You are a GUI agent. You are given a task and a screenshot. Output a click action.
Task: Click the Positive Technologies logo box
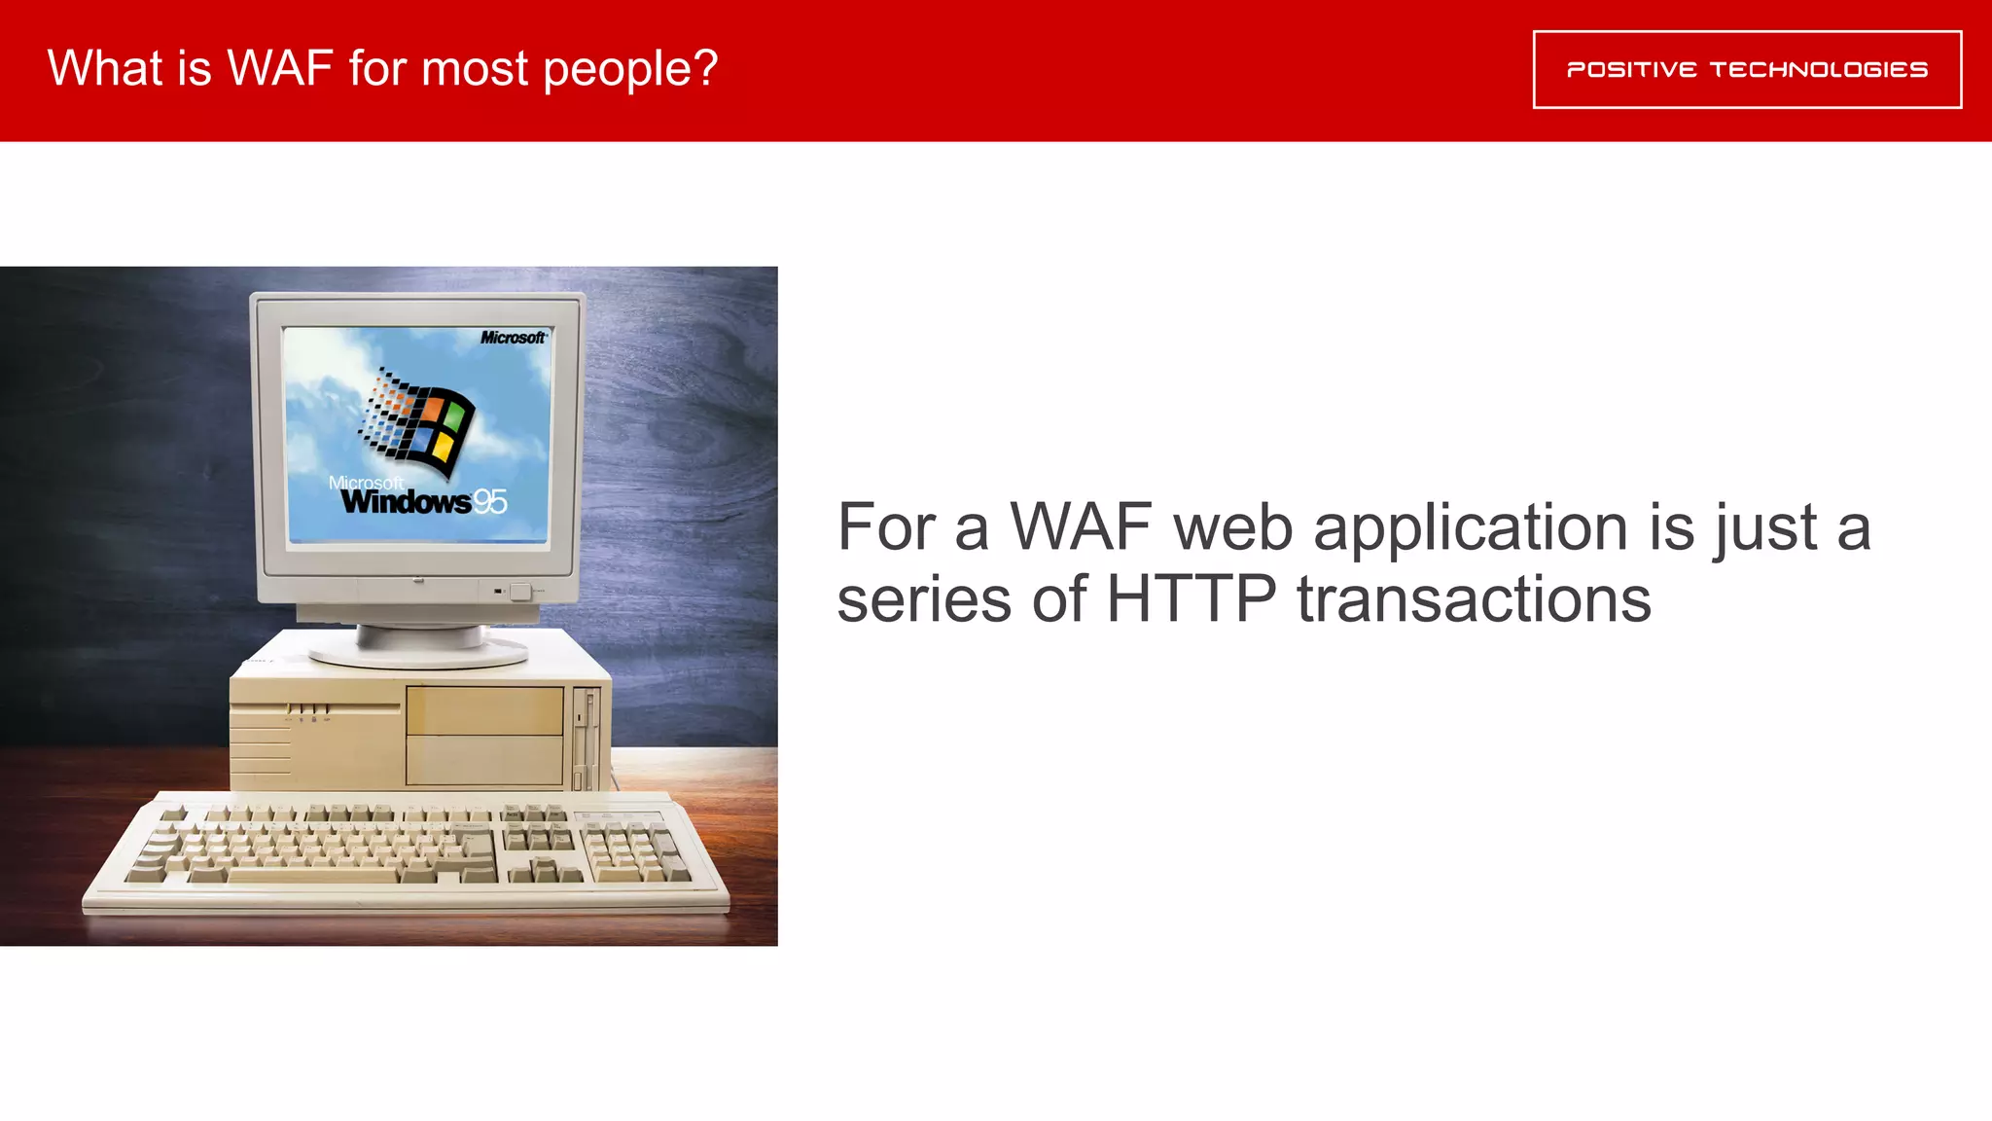[1747, 69]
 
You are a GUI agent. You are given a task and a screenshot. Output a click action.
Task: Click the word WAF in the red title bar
[280, 69]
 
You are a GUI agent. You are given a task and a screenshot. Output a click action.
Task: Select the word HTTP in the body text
[1191, 598]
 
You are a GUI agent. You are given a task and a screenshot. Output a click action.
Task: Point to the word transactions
[1474, 598]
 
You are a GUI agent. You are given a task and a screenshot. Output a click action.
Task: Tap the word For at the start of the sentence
[886, 527]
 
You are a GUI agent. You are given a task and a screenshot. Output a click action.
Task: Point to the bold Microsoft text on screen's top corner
[513, 338]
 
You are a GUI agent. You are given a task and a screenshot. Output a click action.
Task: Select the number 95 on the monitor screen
[489, 502]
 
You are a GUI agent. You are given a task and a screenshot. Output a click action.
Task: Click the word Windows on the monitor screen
[406, 502]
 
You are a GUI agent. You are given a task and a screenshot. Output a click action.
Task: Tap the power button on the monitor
[520, 591]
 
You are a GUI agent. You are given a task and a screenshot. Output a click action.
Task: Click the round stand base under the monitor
[418, 650]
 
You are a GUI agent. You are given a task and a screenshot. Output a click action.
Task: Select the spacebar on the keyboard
[312, 876]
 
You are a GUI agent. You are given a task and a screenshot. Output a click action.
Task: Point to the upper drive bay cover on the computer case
[484, 710]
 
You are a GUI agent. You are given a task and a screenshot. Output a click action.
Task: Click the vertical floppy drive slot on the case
[581, 740]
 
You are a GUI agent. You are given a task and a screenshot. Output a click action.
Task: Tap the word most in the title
[474, 69]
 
